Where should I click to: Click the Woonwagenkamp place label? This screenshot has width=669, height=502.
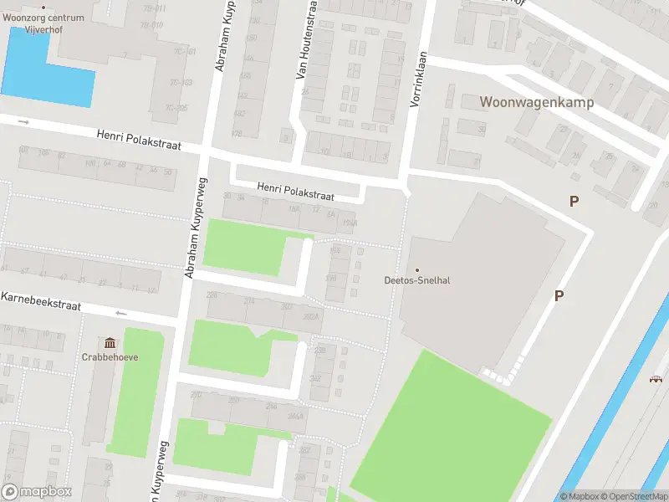pos(536,102)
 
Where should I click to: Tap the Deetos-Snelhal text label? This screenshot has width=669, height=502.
pos(417,280)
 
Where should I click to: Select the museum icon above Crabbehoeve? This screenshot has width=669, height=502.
pos(110,342)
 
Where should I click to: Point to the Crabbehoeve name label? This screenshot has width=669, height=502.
pos(110,356)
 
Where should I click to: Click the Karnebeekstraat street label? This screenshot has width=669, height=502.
pos(41,301)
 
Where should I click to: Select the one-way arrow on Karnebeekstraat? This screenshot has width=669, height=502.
pos(121,314)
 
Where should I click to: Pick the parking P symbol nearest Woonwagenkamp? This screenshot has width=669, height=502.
pos(574,201)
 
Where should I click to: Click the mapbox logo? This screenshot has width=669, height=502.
pos(37,492)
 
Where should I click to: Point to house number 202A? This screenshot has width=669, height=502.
pos(312,318)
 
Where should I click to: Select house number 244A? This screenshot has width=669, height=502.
pos(294,416)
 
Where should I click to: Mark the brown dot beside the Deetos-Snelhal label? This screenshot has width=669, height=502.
pos(417,269)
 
